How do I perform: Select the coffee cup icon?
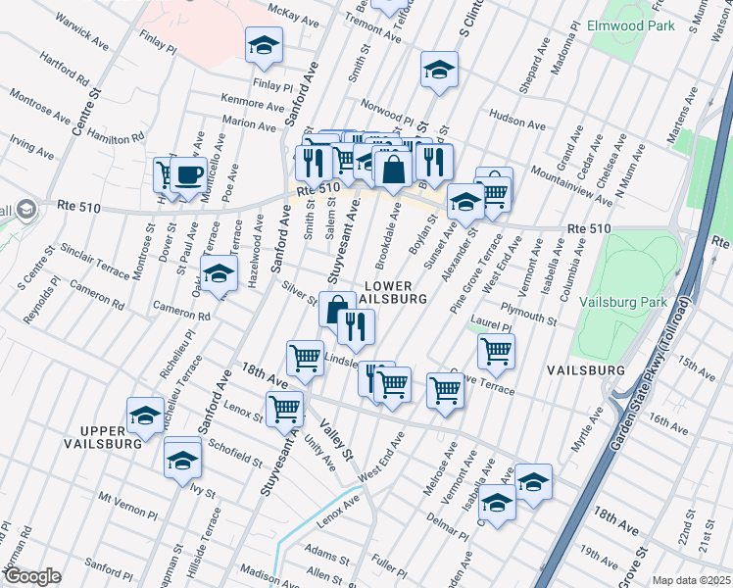click(189, 174)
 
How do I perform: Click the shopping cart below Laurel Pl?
click(497, 350)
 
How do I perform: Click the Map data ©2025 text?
click(690, 580)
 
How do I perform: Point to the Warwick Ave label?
click(81, 32)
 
